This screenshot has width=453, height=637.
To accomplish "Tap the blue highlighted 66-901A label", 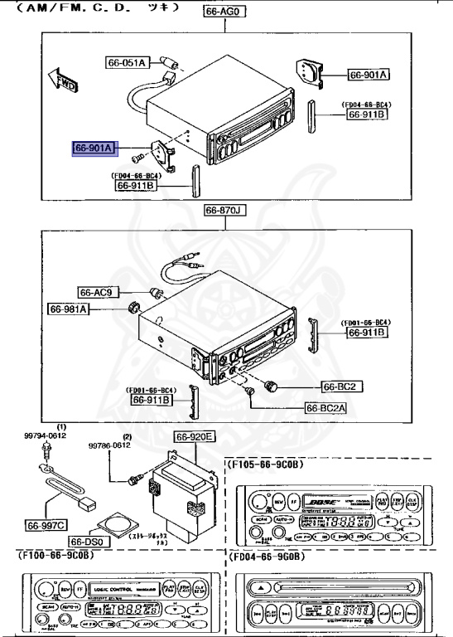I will tap(96, 148).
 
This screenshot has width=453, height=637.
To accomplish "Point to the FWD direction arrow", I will tap(61, 80).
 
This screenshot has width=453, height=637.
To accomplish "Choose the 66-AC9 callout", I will tap(100, 292).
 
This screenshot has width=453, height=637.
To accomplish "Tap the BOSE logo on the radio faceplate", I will tap(319, 503).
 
